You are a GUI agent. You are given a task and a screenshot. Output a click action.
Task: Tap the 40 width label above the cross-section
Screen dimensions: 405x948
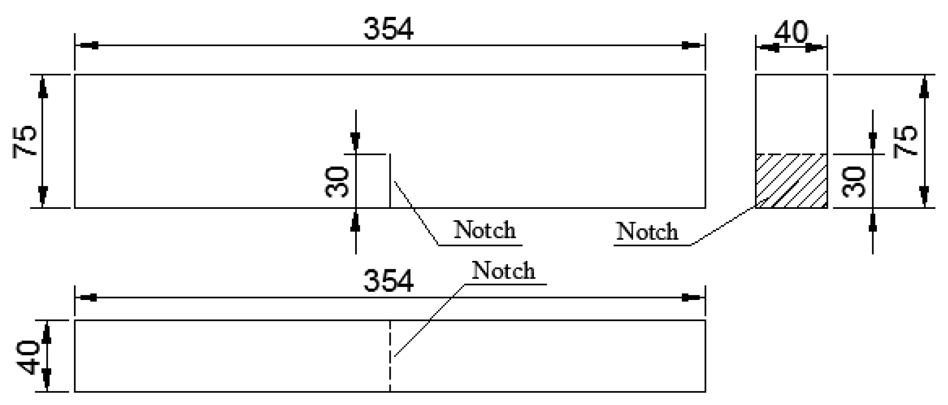point(791,32)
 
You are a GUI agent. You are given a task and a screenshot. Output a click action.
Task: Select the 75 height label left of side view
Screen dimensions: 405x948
point(25,142)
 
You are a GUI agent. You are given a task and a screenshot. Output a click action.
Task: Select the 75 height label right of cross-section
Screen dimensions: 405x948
point(906,141)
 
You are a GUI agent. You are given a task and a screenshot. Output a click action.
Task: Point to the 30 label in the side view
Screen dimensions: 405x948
point(337,182)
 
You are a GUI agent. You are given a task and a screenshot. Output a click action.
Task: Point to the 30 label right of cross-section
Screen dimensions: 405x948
point(854,182)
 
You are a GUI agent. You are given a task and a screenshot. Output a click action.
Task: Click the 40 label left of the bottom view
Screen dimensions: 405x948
point(28,357)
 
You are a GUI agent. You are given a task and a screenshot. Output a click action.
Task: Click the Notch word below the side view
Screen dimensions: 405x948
point(485,230)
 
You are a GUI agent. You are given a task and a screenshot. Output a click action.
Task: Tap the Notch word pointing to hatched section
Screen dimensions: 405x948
point(647,232)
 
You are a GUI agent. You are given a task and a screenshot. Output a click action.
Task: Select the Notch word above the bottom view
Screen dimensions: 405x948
point(504,271)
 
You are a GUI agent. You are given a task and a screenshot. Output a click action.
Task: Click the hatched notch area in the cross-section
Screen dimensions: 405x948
point(791,181)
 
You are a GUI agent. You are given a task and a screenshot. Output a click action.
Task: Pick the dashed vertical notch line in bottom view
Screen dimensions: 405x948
point(390,355)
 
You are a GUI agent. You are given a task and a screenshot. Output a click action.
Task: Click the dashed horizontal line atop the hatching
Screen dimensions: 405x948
point(791,154)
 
